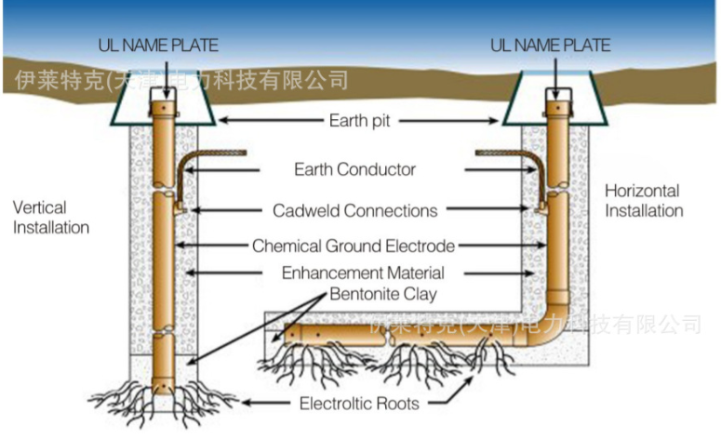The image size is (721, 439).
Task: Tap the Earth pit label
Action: coord(360,121)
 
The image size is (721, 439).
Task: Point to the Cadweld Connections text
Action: coord(354,210)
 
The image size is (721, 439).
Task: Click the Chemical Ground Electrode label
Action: coord(354,246)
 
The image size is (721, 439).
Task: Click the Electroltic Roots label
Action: coord(359,404)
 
